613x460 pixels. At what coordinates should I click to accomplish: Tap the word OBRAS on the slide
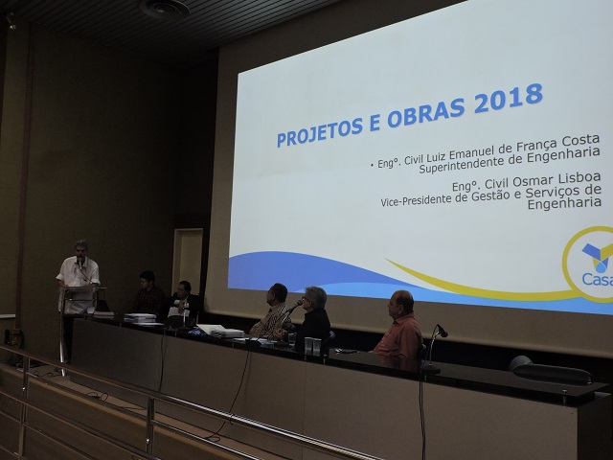click(x=425, y=111)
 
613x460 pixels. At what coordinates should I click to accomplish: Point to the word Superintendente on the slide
click(x=461, y=165)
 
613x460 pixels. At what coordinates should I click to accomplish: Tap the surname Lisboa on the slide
click(x=579, y=178)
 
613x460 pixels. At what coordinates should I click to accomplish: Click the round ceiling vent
click(x=165, y=9)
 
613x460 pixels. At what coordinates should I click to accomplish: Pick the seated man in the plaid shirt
click(x=272, y=310)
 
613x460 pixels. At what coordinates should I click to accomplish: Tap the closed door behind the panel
click(x=188, y=256)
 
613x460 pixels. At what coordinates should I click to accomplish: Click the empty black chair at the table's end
click(x=550, y=370)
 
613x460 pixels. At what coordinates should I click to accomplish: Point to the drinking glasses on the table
click(x=312, y=346)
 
